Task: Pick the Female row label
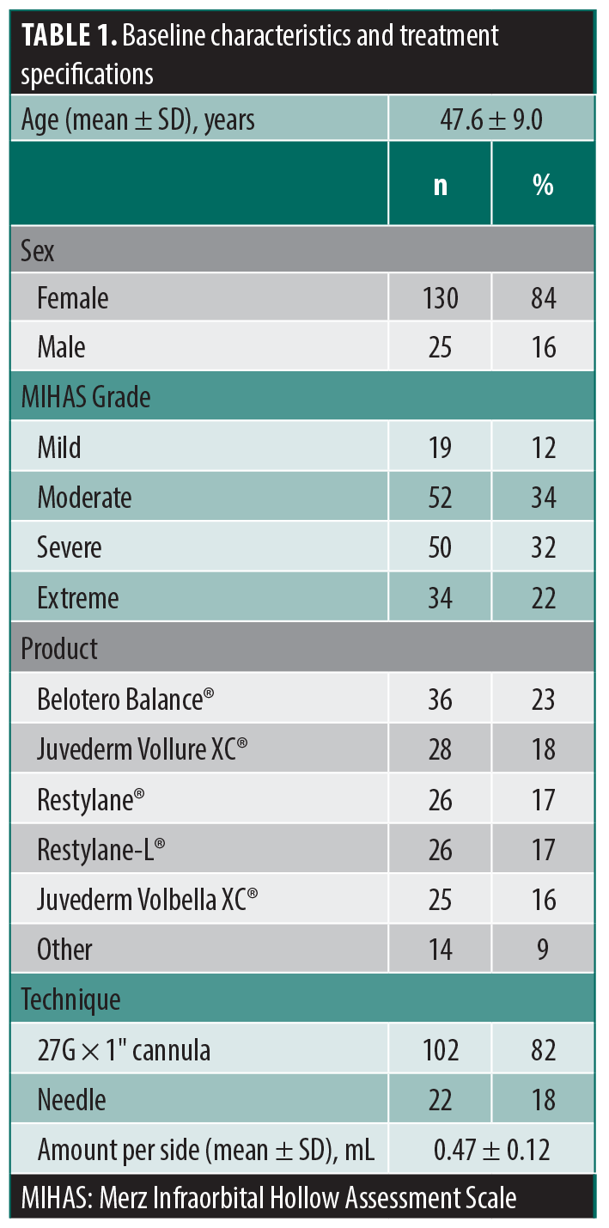point(73,298)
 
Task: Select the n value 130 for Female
point(440,298)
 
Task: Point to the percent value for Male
point(543,347)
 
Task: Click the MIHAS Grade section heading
point(86,397)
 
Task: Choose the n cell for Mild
point(440,447)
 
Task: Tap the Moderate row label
point(84,497)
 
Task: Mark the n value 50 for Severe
point(440,547)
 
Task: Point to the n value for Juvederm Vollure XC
point(440,749)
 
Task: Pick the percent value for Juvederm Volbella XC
point(543,899)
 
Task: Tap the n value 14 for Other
point(440,949)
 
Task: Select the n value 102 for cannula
point(440,1049)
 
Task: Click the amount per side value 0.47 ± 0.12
point(491,1149)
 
